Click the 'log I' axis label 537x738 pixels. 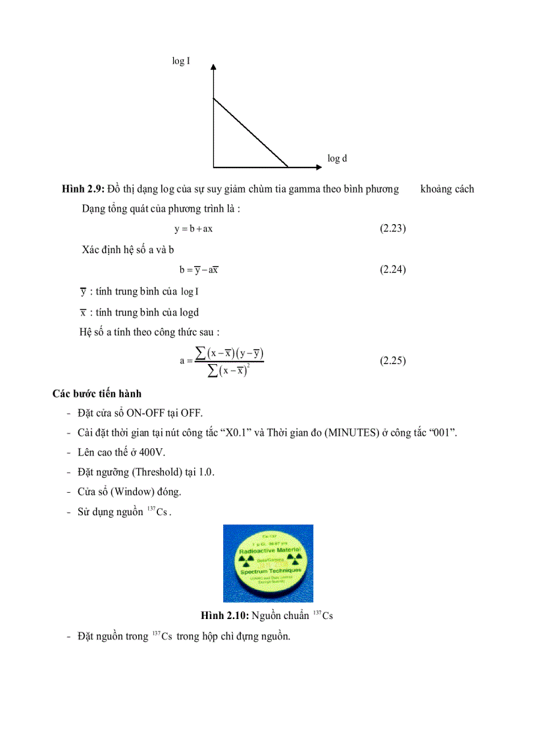[x=182, y=61]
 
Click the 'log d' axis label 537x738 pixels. [x=337, y=158]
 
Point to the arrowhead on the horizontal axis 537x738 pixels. [x=309, y=167]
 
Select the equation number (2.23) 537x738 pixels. [x=393, y=229]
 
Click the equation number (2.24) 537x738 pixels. [x=393, y=269]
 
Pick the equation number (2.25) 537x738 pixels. [x=393, y=361]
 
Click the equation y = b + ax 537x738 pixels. [x=193, y=229]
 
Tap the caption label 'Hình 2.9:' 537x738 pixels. [x=82, y=189]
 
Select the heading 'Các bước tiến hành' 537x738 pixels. [x=97, y=394]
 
